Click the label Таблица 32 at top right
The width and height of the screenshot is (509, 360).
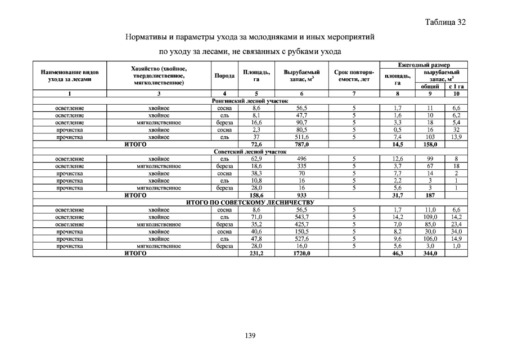[445, 22]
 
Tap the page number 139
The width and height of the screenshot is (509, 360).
[250, 336]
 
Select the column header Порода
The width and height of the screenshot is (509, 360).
[224, 76]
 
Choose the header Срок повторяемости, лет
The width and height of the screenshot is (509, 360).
[354, 76]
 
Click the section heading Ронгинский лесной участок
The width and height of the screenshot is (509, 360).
[250, 100]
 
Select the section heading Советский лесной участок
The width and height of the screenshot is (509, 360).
[250, 152]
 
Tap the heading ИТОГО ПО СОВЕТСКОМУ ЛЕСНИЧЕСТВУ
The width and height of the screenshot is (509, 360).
[250, 202]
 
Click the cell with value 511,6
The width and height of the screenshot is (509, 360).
[301, 137]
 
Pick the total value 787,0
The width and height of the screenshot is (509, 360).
[301, 145]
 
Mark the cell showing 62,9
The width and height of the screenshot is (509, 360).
[256, 159]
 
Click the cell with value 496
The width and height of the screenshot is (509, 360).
[301, 159]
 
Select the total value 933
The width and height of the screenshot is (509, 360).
[301, 195]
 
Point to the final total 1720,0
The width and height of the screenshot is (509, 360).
[301, 254]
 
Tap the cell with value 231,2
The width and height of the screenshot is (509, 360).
[256, 254]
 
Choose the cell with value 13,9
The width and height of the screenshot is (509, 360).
[456, 137]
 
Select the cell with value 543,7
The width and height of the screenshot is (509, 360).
[301, 217]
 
